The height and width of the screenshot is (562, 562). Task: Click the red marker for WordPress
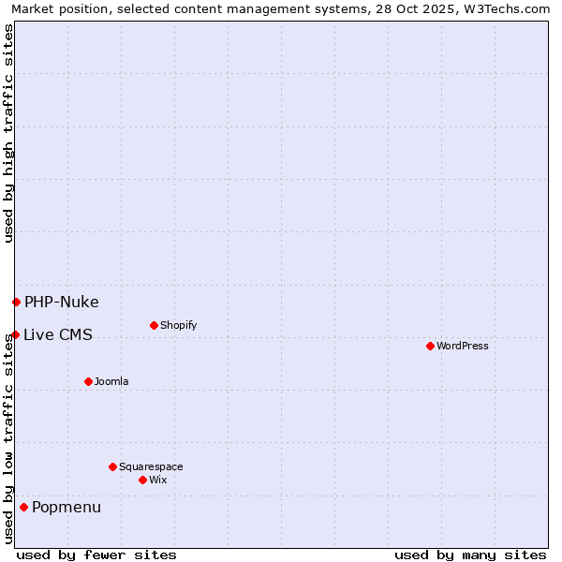(430, 346)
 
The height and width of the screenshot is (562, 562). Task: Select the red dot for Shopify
(154, 325)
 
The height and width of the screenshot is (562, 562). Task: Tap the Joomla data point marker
(88, 381)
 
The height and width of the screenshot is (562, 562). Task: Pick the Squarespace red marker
(112, 466)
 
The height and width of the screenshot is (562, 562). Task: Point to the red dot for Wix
(142, 480)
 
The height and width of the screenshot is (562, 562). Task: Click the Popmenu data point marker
(23, 507)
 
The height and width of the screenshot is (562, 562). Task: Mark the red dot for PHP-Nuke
(16, 302)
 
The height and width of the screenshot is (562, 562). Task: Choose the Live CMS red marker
(15, 334)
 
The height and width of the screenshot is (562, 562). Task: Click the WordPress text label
(463, 346)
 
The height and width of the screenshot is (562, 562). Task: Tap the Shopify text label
(178, 325)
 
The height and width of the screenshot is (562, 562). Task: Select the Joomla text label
(111, 381)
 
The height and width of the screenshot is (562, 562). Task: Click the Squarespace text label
(151, 466)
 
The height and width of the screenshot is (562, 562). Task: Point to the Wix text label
(158, 480)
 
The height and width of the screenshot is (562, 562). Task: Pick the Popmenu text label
(67, 507)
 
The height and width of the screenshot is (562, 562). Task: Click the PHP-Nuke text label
(62, 302)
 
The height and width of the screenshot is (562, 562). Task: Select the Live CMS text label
(58, 334)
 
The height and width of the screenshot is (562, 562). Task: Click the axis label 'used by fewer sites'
(96, 555)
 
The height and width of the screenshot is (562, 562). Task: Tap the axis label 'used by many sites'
(470, 555)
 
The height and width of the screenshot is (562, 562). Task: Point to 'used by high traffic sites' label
(8, 133)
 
